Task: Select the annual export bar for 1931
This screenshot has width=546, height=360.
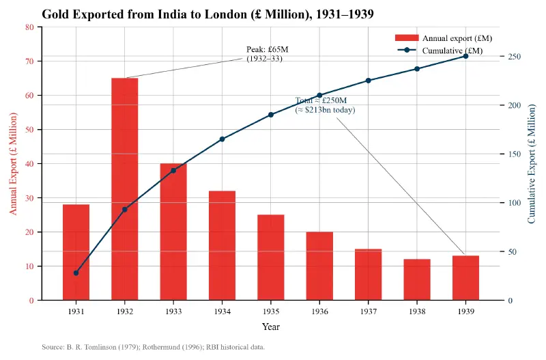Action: (x=76, y=252)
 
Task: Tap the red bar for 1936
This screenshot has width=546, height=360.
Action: (x=319, y=266)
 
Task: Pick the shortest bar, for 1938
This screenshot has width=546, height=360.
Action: (x=417, y=279)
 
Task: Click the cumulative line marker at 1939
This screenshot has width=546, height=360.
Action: (x=465, y=56)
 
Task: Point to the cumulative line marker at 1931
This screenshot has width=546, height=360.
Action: (x=76, y=273)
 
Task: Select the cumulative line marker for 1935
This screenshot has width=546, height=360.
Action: (x=271, y=115)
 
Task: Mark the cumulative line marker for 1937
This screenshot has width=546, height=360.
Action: (x=369, y=81)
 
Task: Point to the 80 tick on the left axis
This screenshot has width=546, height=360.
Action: (x=29, y=27)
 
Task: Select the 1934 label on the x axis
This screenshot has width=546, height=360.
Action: (x=222, y=311)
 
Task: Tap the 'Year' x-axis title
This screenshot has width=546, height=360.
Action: (x=271, y=327)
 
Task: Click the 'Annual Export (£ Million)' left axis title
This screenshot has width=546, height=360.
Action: (x=14, y=164)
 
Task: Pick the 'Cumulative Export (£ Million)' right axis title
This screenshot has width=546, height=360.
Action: (x=532, y=164)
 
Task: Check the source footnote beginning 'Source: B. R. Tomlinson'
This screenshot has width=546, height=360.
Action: (x=153, y=347)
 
